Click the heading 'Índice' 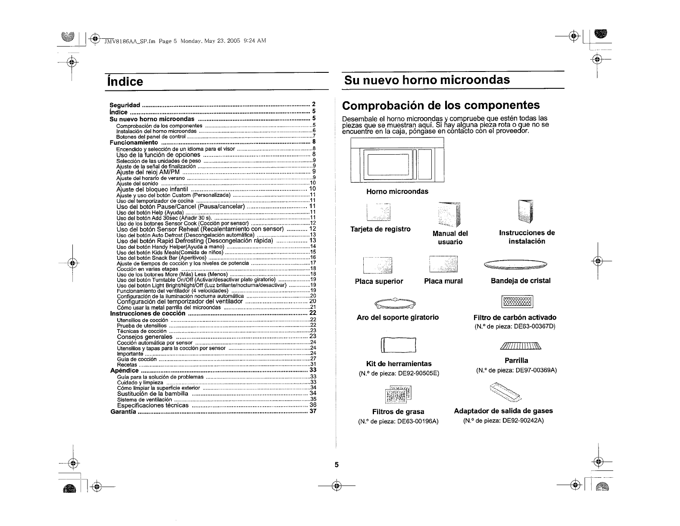125,81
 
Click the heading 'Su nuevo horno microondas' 427,80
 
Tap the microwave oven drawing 397,160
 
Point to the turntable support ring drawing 395,304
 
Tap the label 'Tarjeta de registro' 381,229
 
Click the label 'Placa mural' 443,281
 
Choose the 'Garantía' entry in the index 124,411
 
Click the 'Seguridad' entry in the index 125,105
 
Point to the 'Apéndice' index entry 125,370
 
